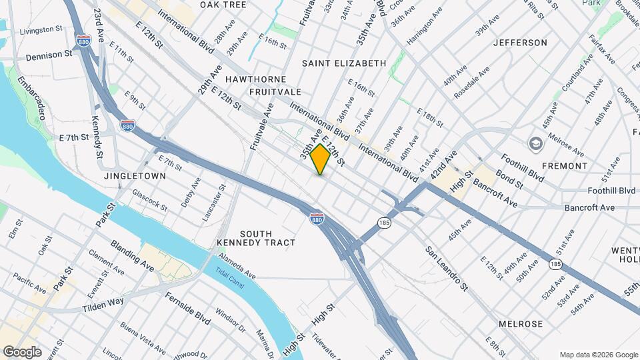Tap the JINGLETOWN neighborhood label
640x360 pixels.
pyautogui.click(x=135, y=176)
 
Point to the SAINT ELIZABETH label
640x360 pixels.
pyautogui.click(x=343, y=63)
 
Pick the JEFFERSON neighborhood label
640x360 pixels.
pyautogui.click(x=520, y=43)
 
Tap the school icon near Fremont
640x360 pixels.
pyautogui.click(x=536, y=144)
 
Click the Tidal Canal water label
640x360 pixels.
pyautogui.click(x=229, y=277)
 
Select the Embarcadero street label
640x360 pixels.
pyautogui.click(x=31, y=97)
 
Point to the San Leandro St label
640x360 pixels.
pyautogui.click(x=447, y=267)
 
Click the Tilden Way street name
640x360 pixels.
pyautogui.click(x=103, y=305)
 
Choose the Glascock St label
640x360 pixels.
pyautogui.click(x=149, y=199)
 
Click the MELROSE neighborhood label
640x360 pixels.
pyautogui.click(x=521, y=324)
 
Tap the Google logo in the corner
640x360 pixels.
pyautogui.click(x=22, y=352)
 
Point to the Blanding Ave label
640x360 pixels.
pyautogui.click(x=132, y=256)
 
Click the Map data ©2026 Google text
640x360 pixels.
pyautogui.click(x=598, y=355)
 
